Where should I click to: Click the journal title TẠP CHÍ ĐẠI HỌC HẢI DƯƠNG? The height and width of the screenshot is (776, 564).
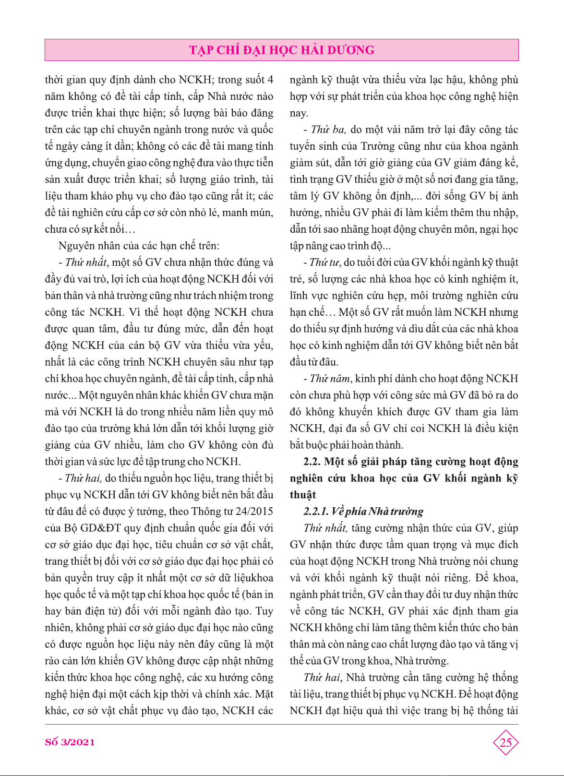(x=282, y=50)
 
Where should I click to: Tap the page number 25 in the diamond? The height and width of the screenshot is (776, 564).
(x=506, y=743)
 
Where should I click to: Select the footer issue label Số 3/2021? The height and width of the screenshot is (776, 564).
(x=70, y=742)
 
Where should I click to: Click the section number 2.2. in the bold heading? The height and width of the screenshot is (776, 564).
(x=312, y=462)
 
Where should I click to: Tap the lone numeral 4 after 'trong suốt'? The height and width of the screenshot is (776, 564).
(x=270, y=80)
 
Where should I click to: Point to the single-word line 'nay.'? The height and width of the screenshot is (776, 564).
(x=299, y=113)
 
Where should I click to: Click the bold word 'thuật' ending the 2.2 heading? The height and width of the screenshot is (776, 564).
(x=303, y=495)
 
